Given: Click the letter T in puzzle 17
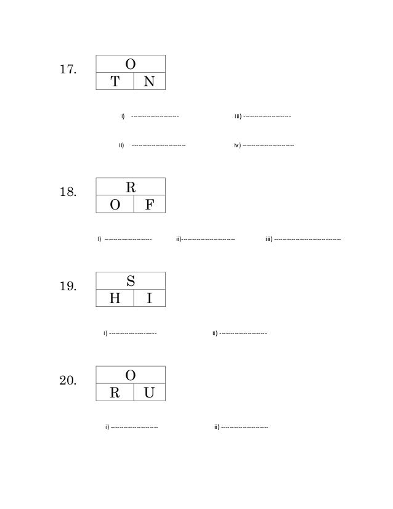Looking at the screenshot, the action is coord(115,81).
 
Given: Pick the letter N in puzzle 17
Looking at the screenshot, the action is coord(149,81).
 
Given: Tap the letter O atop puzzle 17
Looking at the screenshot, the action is coord(131,64).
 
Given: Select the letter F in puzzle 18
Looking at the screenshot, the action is coord(149,205).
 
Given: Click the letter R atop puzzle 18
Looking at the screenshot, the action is coord(131,187).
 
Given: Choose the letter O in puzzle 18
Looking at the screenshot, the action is coord(115,205).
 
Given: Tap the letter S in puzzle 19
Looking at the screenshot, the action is coord(131,281).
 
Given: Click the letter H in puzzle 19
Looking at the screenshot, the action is coord(115,299).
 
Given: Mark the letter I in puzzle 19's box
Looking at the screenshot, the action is coord(149,299).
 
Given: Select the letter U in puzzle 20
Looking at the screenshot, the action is coord(149,393).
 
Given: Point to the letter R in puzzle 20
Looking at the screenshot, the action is coord(115,393).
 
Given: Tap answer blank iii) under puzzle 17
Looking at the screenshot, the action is coord(267,116).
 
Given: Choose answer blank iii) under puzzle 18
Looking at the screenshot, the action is coord(307,239).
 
